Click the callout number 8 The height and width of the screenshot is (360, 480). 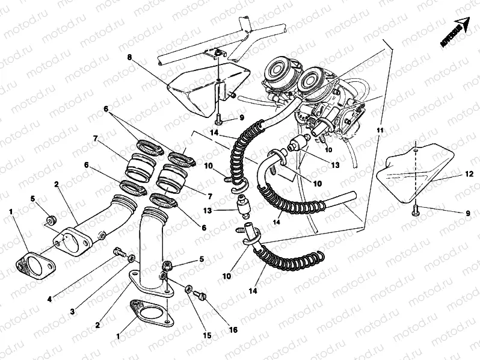[129, 57]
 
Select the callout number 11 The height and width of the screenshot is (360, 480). [380, 130]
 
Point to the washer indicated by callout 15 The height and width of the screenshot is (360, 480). [189, 288]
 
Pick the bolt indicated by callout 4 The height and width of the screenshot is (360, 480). [118, 252]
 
